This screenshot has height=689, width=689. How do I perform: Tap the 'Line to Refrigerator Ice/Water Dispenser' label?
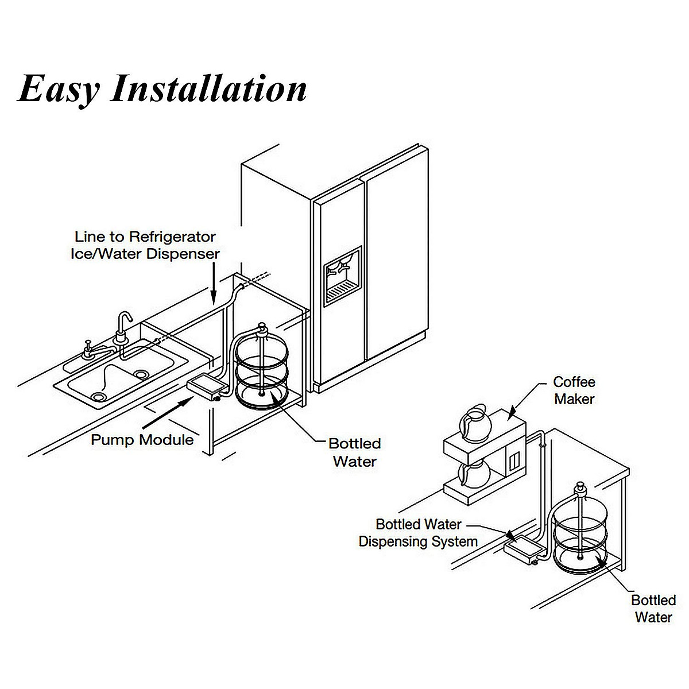(x=145, y=245)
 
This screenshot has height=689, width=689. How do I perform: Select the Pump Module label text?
(x=142, y=440)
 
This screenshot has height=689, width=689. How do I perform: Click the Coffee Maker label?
(x=574, y=390)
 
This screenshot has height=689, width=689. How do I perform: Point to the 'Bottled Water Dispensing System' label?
(x=419, y=533)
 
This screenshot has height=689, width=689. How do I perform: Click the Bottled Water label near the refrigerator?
(x=354, y=452)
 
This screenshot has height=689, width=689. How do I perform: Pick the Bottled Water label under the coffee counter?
(x=653, y=609)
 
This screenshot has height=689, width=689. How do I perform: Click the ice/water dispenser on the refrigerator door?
(x=342, y=276)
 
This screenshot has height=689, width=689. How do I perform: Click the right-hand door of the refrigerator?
(x=396, y=264)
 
